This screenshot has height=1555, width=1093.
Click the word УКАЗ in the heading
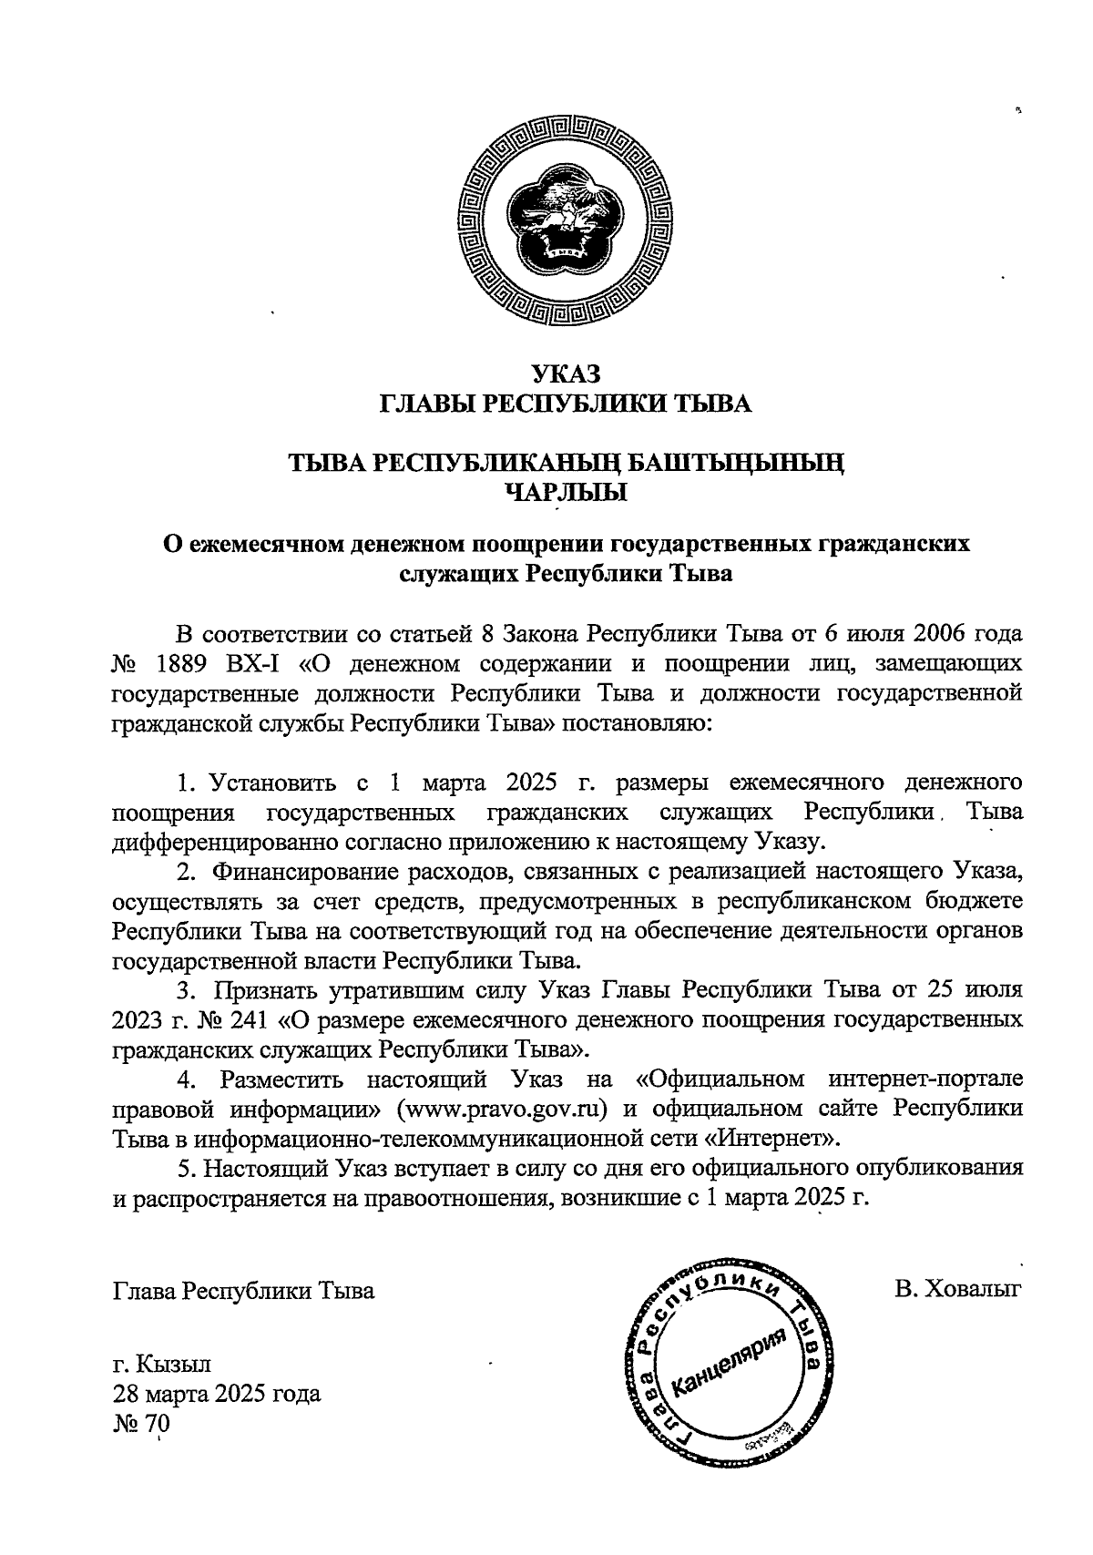tap(565, 373)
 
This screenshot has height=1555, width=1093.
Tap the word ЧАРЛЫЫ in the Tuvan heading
tap(567, 494)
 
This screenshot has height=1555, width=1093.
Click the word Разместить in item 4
tap(283, 1079)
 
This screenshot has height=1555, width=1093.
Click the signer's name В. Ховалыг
tap(959, 1290)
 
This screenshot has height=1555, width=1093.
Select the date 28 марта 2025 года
tap(217, 1395)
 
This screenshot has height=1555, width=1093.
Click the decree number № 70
tap(141, 1424)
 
